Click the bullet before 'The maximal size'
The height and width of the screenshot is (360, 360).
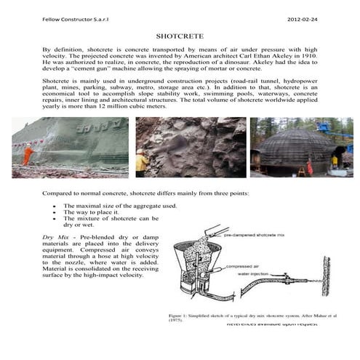click(x=55, y=207)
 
